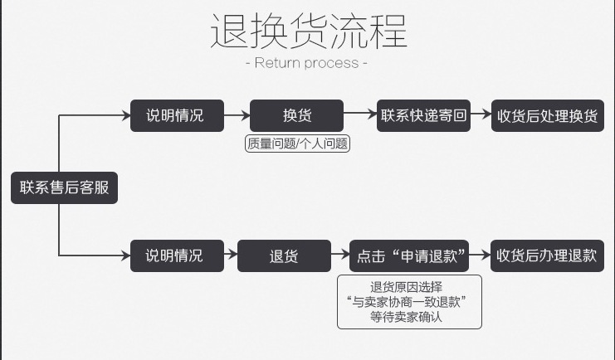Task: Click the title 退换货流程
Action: (x=307, y=32)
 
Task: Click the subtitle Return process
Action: (x=307, y=63)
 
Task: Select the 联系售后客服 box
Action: (x=64, y=187)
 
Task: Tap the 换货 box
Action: (x=296, y=115)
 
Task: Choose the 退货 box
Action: (x=284, y=255)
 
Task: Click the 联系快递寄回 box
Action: (x=423, y=115)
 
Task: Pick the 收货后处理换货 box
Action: (x=547, y=115)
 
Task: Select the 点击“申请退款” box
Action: (x=409, y=255)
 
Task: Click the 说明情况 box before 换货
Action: (x=177, y=115)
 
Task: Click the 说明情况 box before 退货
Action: (x=177, y=255)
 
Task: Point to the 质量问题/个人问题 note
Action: (x=298, y=144)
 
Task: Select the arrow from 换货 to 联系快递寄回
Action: (x=360, y=114)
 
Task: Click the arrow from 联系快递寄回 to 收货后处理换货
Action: (x=481, y=115)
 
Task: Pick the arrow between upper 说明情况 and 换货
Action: (x=237, y=115)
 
